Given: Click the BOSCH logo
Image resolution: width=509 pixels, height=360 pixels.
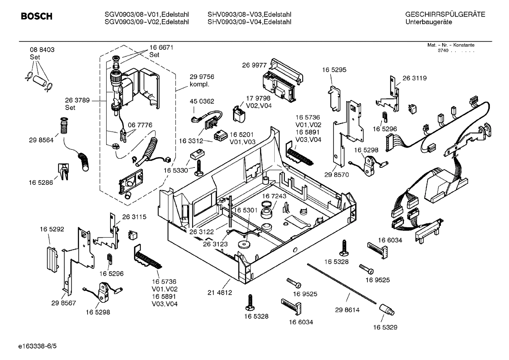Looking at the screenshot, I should point(37,17).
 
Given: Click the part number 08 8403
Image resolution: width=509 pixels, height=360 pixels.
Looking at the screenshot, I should point(42,50).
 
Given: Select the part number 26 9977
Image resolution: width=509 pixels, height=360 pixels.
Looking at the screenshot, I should point(254,65).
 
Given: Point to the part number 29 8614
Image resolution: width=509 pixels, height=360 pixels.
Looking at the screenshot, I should point(347,310).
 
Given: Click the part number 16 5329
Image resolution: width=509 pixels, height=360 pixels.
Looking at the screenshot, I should point(385,327).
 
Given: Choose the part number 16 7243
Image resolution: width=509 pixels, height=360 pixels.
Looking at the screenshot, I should point(274,196).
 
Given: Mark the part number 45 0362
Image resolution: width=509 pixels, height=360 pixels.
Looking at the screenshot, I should point(202,101).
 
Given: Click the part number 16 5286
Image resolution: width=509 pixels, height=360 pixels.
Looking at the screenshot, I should point(41,182).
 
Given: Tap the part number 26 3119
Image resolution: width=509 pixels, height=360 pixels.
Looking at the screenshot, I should point(414,78).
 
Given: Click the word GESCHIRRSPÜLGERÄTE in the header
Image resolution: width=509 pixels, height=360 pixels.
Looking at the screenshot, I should point(445,14).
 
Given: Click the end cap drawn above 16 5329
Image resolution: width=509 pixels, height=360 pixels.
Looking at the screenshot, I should point(387,310).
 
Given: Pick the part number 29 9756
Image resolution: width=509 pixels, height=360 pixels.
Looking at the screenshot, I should point(202,77).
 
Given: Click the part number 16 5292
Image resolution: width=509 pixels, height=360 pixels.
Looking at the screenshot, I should point(52,229).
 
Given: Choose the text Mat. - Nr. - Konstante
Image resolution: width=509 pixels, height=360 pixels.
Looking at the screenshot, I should point(451,45).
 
